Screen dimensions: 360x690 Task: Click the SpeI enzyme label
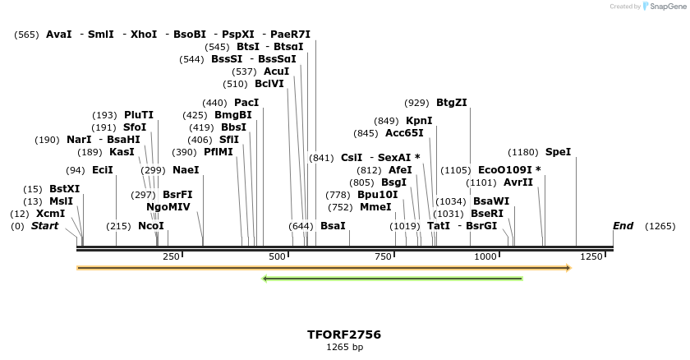click(558, 152)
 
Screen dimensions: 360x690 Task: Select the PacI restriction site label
click(246, 103)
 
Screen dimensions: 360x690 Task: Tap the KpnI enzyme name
click(419, 121)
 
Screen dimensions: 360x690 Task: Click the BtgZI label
click(452, 103)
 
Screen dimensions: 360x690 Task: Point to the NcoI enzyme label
click(151, 226)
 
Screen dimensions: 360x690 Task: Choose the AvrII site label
click(517, 182)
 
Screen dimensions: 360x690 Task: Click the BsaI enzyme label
click(333, 226)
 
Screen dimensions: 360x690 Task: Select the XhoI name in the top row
click(144, 35)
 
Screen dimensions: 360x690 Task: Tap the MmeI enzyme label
click(375, 207)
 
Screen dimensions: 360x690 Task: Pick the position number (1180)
click(523, 152)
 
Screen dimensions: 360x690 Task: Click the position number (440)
click(214, 103)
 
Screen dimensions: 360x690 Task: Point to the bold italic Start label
click(45, 226)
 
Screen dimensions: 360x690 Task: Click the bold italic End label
click(623, 226)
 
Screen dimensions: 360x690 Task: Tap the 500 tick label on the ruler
click(277, 257)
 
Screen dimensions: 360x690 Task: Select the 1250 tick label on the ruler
click(591, 257)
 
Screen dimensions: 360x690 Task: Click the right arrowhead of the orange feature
click(567, 268)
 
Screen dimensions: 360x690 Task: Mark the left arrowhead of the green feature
click(265, 279)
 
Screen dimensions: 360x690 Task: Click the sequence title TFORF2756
click(344, 335)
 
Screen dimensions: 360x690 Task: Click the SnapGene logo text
click(665, 7)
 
